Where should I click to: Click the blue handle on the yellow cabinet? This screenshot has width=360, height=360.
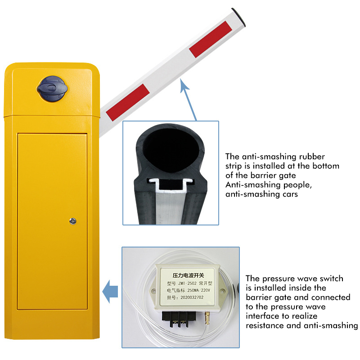tap(52, 89)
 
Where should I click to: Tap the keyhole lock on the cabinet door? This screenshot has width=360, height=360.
tap(73, 221)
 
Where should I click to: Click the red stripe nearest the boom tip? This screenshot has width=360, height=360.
tap(211, 39)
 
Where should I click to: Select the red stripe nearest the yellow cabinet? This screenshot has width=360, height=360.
tap(128, 102)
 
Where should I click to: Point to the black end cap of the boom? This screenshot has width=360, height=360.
tap(239, 17)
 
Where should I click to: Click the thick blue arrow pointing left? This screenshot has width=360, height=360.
tap(110, 291)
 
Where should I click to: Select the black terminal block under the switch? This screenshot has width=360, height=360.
tap(179, 319)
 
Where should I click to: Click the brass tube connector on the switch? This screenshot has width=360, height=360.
tap(207, 317)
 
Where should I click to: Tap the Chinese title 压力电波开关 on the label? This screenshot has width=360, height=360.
tap(188, 275)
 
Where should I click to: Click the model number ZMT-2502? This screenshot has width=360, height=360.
tap(187, 283)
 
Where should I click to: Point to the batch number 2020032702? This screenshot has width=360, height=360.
tap(192, 297)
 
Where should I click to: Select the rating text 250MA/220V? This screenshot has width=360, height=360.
tap(198, 290)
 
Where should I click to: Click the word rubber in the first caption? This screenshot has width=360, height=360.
tap(312, 157)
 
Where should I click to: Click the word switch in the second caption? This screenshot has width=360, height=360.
tap(332, 279)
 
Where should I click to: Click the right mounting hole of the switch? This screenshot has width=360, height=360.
tap(222, 292)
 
